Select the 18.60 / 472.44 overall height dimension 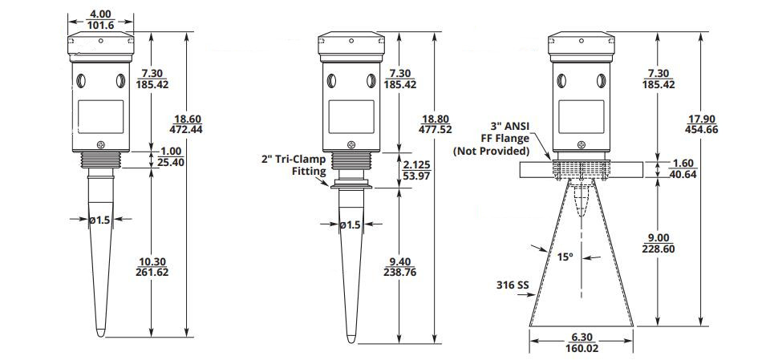click(x=185, y=124)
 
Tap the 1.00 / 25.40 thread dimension click(x=171, y=156)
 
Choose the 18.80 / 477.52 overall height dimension click(x=435, y=125)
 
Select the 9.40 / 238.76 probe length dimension click(x=399, y=266)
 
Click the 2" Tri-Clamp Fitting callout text click(x=294, y=165)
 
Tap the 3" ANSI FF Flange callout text click(x=492, y=139)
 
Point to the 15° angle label click(x=565, y=257)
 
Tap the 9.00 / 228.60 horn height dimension click(x=659, y=243)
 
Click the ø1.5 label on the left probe click(x=99, y=220)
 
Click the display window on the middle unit click(x=351, y=116)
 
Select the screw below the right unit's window click(x=582, y=144)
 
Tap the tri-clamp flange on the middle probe click(x=351, y=186)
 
